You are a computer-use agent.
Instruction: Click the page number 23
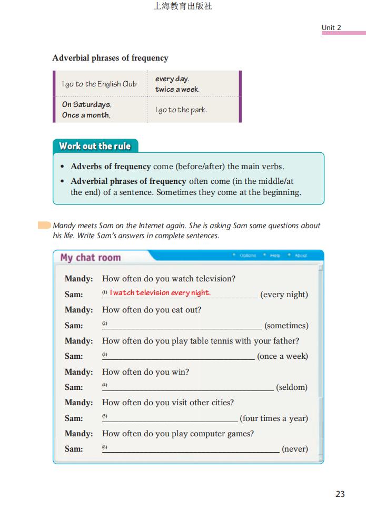click(340, 494)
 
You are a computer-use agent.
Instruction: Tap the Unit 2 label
click(331, 27)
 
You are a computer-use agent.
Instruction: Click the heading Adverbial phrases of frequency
click(110, 58)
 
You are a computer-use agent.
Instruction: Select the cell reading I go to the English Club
click(99, 84)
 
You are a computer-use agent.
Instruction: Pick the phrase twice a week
click(177, 89)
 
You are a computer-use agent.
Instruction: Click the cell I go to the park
click(181, 110)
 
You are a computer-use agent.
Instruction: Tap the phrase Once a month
click(86, 115)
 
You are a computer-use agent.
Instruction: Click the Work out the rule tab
click(95, 146)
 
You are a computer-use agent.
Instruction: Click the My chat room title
click(91, 258)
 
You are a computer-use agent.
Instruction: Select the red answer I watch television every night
click(160, 292)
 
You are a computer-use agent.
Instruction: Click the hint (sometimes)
click(286, 326)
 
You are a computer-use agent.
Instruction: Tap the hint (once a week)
click(282, 356)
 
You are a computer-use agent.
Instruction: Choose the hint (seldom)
click(292, 387)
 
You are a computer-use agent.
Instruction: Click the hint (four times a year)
click(274, 418)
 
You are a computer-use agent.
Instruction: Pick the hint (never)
click(295, 449)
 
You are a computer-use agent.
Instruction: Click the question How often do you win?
click(145, 372)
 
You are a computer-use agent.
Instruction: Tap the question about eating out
click(152, 310)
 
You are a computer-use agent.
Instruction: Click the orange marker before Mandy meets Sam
click(44, 226)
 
